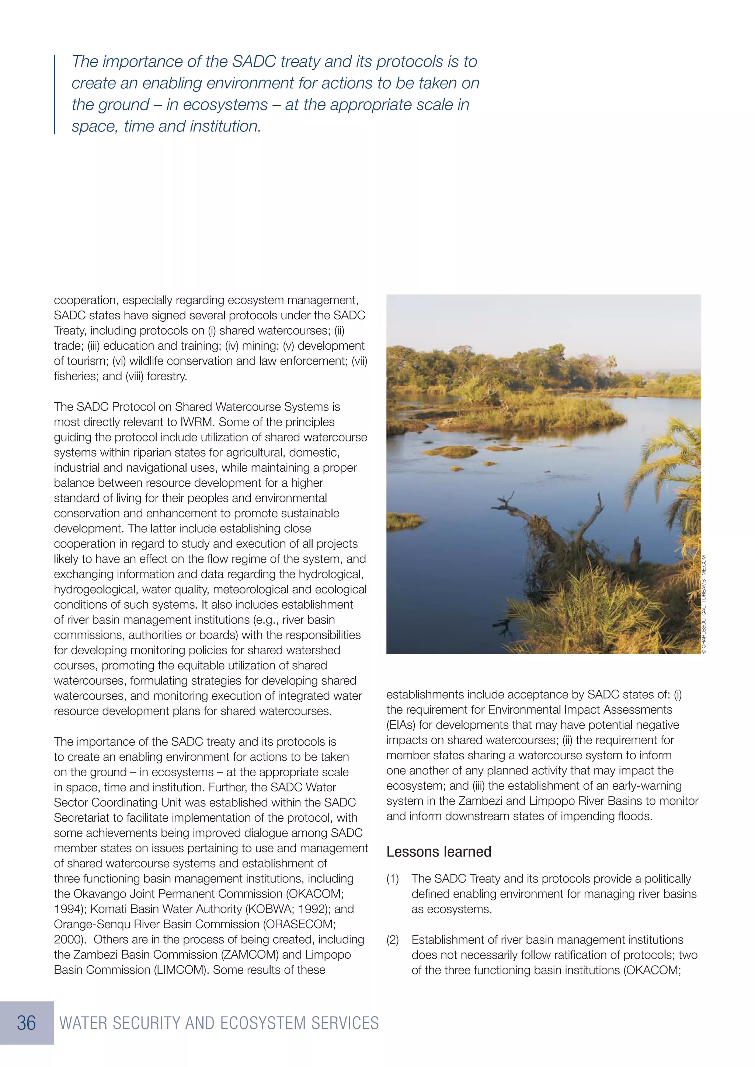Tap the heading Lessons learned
click(x=438, y=852)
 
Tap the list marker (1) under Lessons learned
click(x=393, y=879)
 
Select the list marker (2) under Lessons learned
click(x=393, y=940)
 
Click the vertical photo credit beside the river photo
click(x=704, y=604)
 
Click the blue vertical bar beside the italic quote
click(x=55, y=94)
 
